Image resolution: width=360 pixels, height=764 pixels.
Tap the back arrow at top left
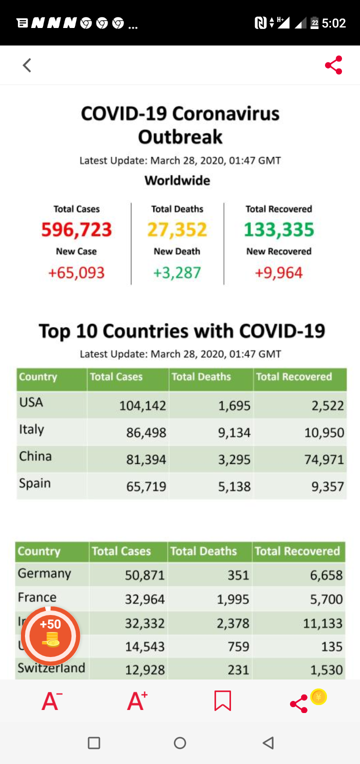(27, 65)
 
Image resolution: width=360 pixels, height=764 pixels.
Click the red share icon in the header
(333, 65)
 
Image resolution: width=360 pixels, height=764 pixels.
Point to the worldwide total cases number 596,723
(76, 230)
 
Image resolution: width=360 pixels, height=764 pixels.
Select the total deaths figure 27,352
(177, 230)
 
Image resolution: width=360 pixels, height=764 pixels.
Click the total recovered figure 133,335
(279, 230)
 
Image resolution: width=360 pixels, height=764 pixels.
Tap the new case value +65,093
(76, 273)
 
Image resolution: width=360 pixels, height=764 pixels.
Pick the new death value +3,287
(177, 273)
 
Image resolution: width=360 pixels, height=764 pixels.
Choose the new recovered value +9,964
(279, 273)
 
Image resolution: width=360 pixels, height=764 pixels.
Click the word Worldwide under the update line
(177, 180)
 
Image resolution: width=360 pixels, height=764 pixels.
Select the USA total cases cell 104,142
(142, 405)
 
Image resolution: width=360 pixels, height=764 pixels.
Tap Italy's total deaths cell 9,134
(234, 432)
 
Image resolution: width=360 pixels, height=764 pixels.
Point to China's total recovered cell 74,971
(324, 459)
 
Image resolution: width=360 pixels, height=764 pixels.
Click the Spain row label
(35, 483)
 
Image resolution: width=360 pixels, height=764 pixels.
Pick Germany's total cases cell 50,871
(144, 575)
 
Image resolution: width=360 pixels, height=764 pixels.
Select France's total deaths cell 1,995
(233, 599)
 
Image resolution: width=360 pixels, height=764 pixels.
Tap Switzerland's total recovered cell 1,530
(326, 670)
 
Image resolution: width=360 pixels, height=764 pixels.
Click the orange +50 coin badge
(50, 635)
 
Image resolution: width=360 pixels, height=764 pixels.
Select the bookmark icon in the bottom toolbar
(222, 701)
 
